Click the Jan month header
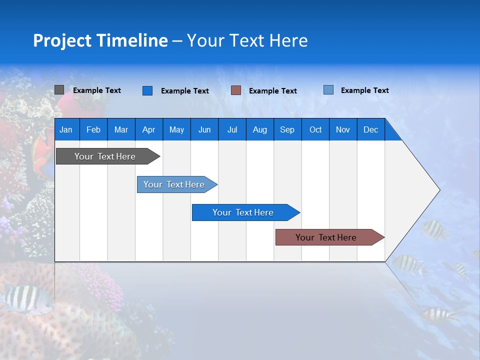pyautogui.click(x=66, y=129)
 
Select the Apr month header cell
pyautogui.click(x=149, y=129)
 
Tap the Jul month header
pyautogui.click(x=232, y=129)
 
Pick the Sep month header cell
pyautogui.click(x=287, y=129)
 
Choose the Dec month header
pyautogui.click(x=370, y=129)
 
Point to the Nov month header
pyautogui.click(x=343, y=129)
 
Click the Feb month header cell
pyautogui.click(x=93, y=129)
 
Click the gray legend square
pyautogui.click(x=59, y=90)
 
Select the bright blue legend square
pyautogui.click(x=147, y=90)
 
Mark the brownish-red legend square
pyautogui.click(x=236, y=90)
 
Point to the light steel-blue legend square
pyautogui.click(x=328, y=90)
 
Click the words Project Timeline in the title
pyautogui.click(x=100, y=40)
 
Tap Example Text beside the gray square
pyautogui.click(x=97, y=90)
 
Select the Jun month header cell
pyautogui.click(x=204, y=129)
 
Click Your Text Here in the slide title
pyautogui.click(x=247, y=40)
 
